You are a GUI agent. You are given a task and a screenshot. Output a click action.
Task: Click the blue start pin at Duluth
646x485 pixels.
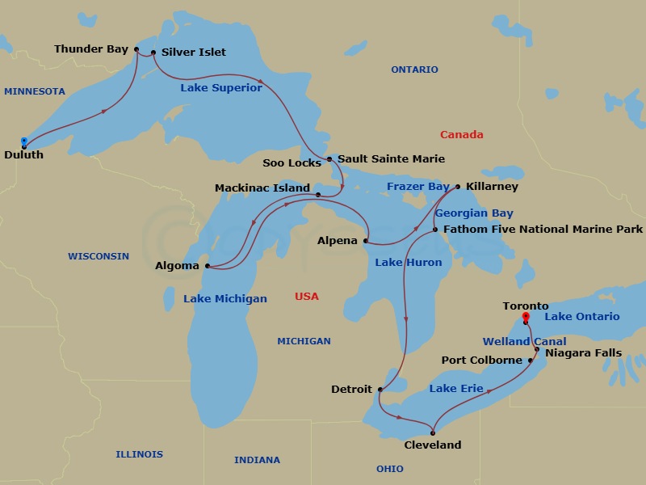click(24, 142)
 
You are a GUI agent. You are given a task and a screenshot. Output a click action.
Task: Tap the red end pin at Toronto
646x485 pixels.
click(526, 318)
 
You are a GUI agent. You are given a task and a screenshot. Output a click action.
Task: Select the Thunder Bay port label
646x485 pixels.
click(90, 49)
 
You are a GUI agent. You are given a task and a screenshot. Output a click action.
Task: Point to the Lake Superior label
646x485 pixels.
click(220, 87)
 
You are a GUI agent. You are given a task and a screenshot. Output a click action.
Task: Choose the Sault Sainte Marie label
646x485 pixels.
click(391, 158)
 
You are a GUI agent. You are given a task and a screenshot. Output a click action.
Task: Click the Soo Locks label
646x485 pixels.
click(292, 163)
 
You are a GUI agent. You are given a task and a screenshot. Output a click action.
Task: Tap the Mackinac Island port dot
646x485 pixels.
click(317, 195)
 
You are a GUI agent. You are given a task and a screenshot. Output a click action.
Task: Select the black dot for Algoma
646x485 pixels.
click(208, 265)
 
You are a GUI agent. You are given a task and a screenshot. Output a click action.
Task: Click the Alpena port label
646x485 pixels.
click(337, 241)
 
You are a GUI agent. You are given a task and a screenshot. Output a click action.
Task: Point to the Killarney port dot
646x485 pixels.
click(458, 187)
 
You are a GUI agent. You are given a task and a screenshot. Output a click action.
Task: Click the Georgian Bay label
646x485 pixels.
click(474, 213)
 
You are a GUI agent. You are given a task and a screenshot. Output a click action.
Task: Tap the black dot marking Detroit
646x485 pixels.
click(380, 390)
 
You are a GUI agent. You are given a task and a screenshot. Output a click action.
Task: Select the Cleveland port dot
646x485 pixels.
click(433, 433)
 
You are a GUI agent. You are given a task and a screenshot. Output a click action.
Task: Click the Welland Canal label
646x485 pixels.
click(524, 342)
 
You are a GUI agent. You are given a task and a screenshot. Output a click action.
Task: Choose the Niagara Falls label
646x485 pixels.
click(583, 353)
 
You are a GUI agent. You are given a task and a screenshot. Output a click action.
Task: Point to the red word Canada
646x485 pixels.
click(461, 135)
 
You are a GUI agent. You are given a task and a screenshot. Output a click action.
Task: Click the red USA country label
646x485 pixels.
click(306, 297)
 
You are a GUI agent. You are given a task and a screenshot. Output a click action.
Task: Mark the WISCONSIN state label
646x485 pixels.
click(98, 256)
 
